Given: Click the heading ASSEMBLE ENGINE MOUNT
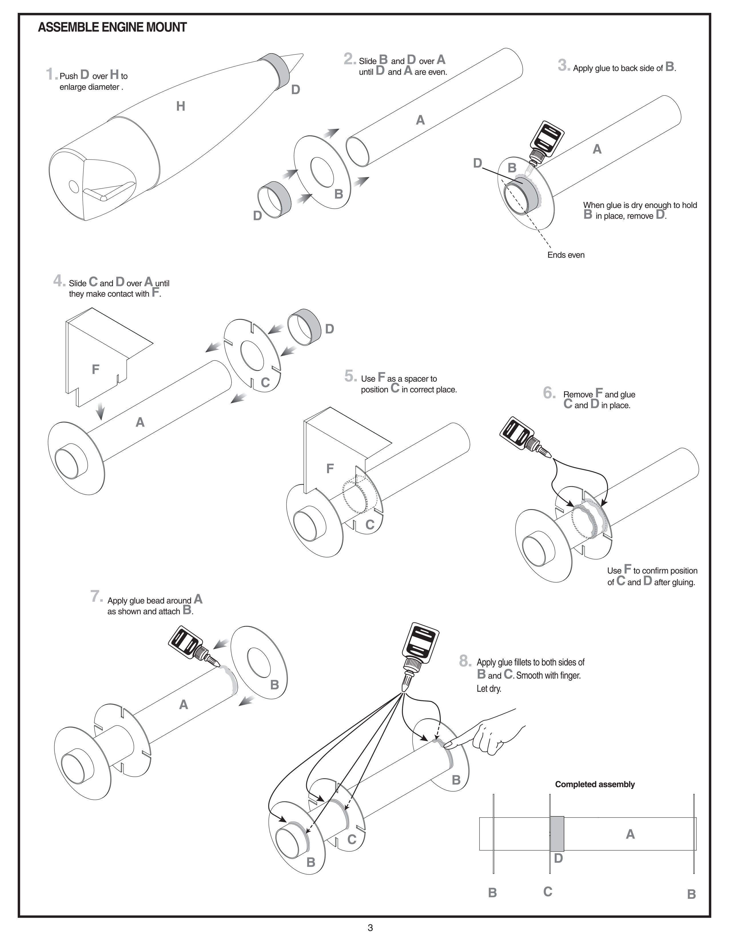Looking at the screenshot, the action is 112,27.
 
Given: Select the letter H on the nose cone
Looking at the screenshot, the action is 180,106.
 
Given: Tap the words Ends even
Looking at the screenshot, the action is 566,255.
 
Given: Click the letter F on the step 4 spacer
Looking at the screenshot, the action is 95,369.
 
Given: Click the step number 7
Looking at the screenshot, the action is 96,596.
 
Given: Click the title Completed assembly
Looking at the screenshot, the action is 595,784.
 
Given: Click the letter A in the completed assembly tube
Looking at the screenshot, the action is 630,834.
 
